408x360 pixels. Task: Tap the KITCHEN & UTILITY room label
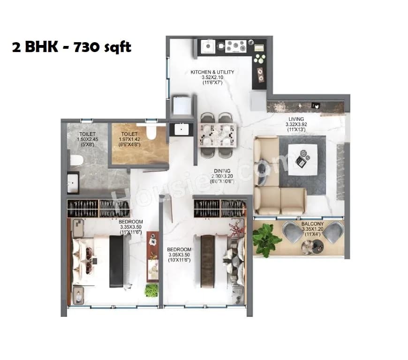pos(212,72)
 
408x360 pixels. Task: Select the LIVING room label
pos(296,119)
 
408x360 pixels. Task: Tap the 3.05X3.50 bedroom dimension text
pos(180,255)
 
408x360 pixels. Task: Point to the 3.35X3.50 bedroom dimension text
pos(131,227)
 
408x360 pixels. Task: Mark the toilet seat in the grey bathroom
pos(76,161)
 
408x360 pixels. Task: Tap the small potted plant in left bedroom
pos(151,290)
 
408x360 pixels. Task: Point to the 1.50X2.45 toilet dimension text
pos(88,139)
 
